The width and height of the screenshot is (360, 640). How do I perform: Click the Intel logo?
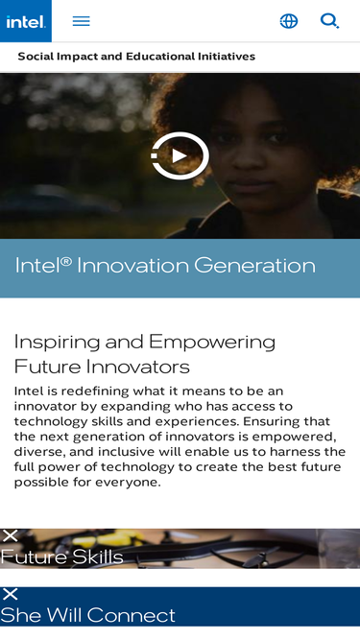pyautogui.click(x=25, y=21)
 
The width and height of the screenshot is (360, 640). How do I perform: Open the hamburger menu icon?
pyautogui.click(x=81, y=21)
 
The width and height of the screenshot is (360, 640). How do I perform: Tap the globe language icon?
pyautogui.click(x=288, y=21)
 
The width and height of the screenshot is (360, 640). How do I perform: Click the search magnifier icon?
pyautogui.click(x=329, y=21)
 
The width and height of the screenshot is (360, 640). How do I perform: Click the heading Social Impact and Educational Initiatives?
pyautogui.click(x=136, y=57)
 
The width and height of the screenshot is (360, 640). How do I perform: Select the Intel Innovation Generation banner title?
pyautogui.click(x=165, y=266)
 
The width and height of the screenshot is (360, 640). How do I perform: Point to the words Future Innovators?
pyautogui.click(x=102, y=367)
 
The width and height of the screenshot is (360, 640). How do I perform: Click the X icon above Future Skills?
pyautogui.click(x=11, y=535)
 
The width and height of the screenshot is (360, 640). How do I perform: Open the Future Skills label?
pyautogui.click(x=61, y=557)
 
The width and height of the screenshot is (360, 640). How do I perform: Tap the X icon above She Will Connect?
pyautogui.click(x=11, y=594)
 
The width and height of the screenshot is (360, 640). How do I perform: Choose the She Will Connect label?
pyautogui.click(x=88, y=616)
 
